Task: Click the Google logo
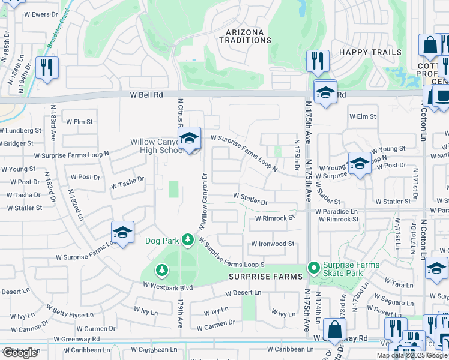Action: (19, 353)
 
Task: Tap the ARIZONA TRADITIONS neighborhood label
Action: (249, 36)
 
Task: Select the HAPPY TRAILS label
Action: (370, 52)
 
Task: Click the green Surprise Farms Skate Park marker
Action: (313, 268)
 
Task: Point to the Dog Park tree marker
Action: (188, 241)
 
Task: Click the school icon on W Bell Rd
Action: (325, 93)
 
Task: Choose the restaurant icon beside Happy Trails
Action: (317, 61)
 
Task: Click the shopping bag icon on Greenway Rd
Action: (334, 329)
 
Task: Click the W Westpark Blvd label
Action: (168, 287)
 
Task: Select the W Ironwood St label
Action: (273, 244)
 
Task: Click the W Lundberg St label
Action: (21, 130)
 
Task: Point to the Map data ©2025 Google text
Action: (411, 355)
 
